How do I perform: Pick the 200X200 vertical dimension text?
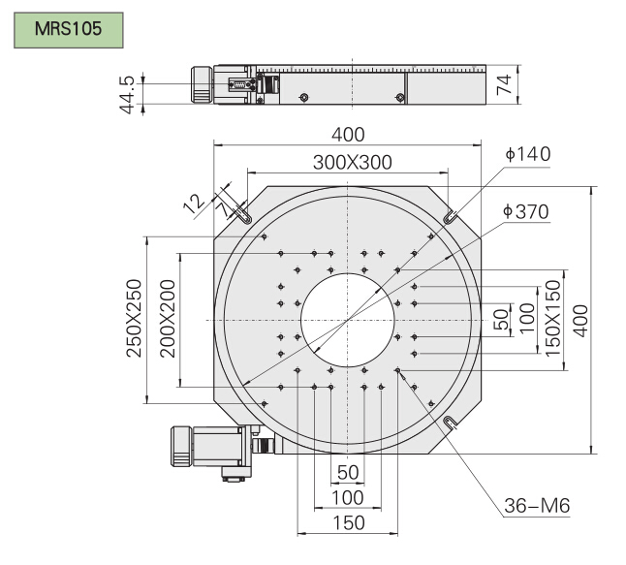pos(166,319)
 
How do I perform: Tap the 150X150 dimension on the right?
pos(553,319)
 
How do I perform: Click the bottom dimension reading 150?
pos(347,522)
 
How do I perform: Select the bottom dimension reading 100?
pos(347,497)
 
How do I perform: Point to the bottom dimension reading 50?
pos(347,472)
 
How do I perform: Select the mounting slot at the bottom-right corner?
pos(449,423)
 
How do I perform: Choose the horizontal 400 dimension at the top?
pos(347,135)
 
